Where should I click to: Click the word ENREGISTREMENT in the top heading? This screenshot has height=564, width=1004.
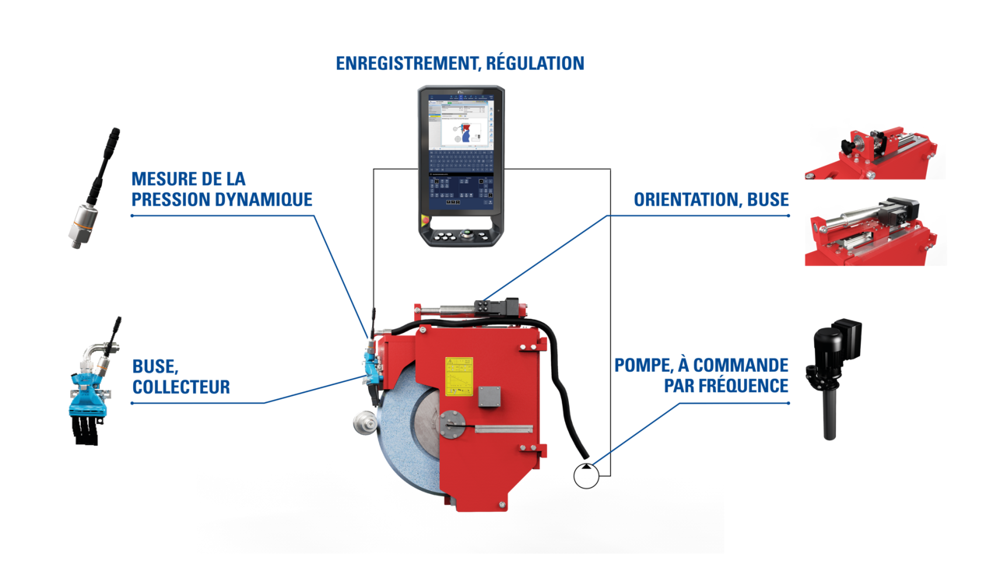[x=405, y=65]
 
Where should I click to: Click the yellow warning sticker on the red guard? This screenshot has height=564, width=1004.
[x=458, y=373]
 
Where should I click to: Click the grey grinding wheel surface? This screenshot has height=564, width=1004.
[x=397, y=451]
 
